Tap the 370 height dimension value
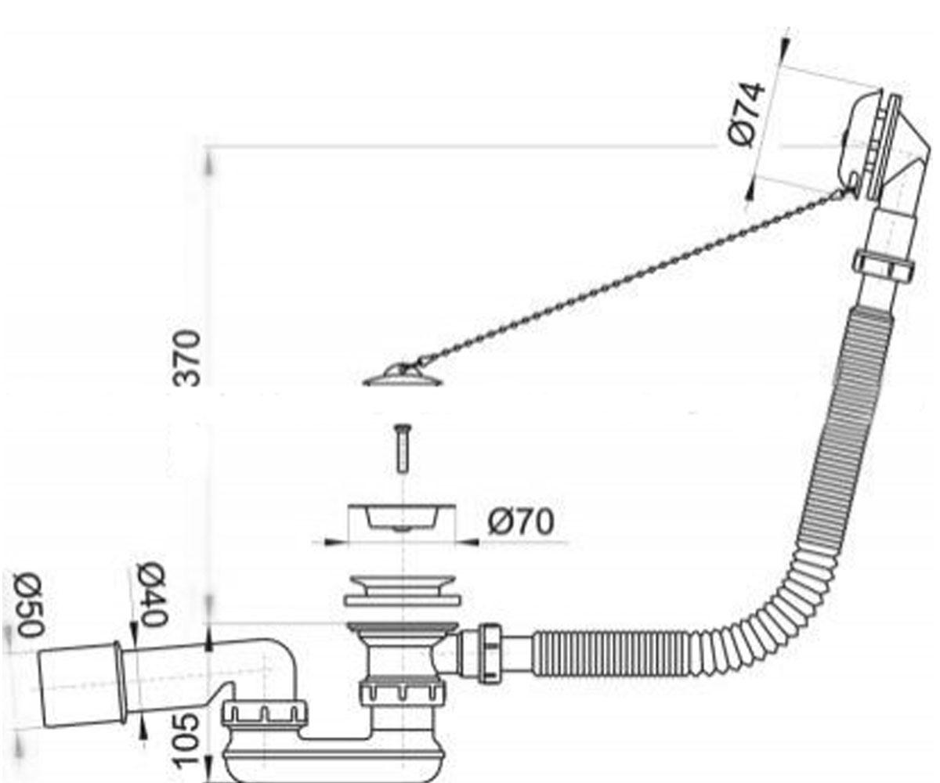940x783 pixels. click(186, 358)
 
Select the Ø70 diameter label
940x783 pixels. click(521, 522)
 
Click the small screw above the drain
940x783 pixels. click(403, 448)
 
